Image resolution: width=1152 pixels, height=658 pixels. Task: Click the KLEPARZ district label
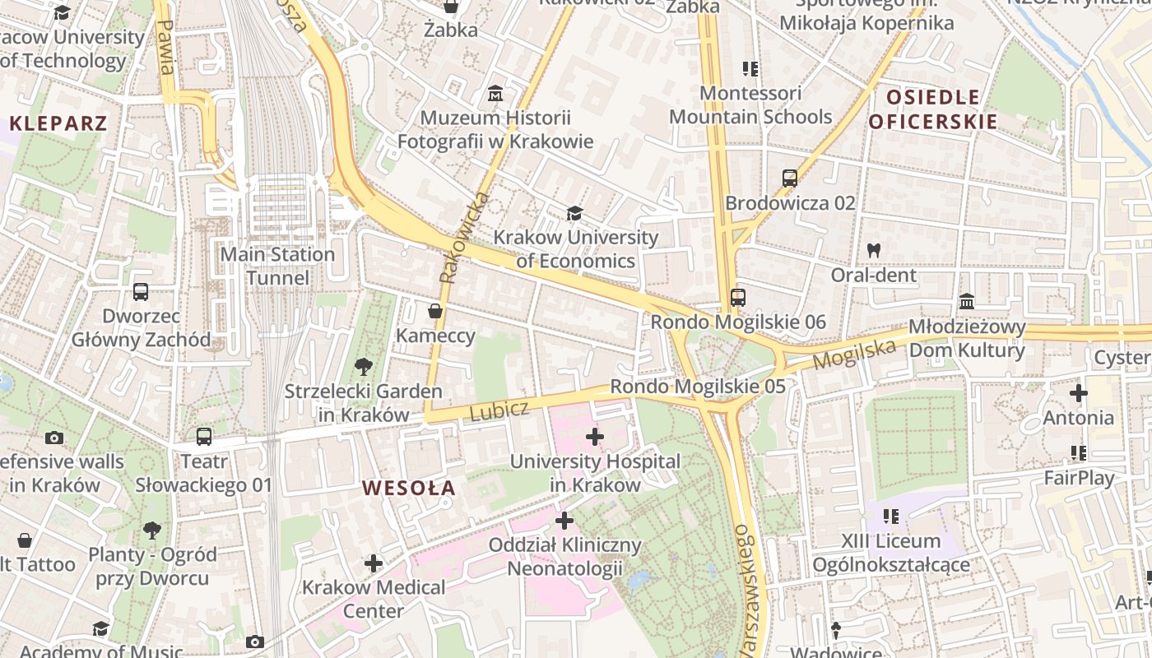(x=58, y=124)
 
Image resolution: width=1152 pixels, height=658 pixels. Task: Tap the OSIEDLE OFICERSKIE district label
(x=933, y=109)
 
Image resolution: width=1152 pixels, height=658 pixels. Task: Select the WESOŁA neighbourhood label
(x=409, y=488)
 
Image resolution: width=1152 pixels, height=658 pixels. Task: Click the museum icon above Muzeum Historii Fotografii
(x=495, y=94)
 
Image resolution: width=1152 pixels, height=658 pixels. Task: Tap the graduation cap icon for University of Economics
(x=574, y=214)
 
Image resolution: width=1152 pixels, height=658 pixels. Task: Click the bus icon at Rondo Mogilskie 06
(x=737, y=298)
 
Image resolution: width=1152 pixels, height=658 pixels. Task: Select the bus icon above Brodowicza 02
(x=790, y=178)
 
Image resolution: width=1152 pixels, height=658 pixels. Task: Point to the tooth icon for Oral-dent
(x=874, y=250)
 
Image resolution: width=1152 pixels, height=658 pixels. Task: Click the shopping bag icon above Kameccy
(x=435, y=311)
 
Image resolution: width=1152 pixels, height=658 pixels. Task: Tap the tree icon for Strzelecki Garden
(x=363, y=367)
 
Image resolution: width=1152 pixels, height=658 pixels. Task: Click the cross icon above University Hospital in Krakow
(x=595, y=437)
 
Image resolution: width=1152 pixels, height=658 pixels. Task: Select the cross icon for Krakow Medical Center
(x=374, y=563)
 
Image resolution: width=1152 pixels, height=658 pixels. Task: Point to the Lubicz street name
(x=499, y=410)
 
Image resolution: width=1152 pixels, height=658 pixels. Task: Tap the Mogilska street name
(x=854, y=354)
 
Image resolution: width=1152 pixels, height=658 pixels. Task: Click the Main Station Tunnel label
(x=277, y=266)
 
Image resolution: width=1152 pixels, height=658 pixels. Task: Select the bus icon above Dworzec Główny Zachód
(x=141, y=291)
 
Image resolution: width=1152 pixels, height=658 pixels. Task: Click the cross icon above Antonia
(x=1078, y=393)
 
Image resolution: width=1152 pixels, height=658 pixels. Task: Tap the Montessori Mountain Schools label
(x=750, y=105)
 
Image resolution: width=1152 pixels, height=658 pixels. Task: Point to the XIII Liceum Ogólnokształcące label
(x=890, y=553)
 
